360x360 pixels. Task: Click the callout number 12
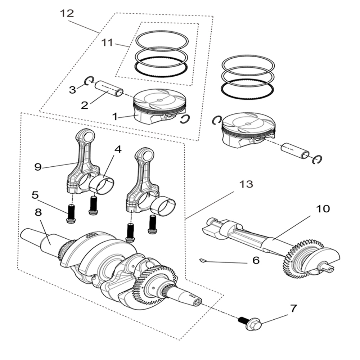click(67, 14)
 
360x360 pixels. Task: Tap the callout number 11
click(107, 42)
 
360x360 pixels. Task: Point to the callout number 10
click(323, 209)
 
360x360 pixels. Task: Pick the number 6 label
click(256, 260)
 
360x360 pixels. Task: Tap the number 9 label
click(38, 166)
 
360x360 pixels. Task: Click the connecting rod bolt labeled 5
click(71, 213)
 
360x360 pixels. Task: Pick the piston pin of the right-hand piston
click(294, 150)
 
